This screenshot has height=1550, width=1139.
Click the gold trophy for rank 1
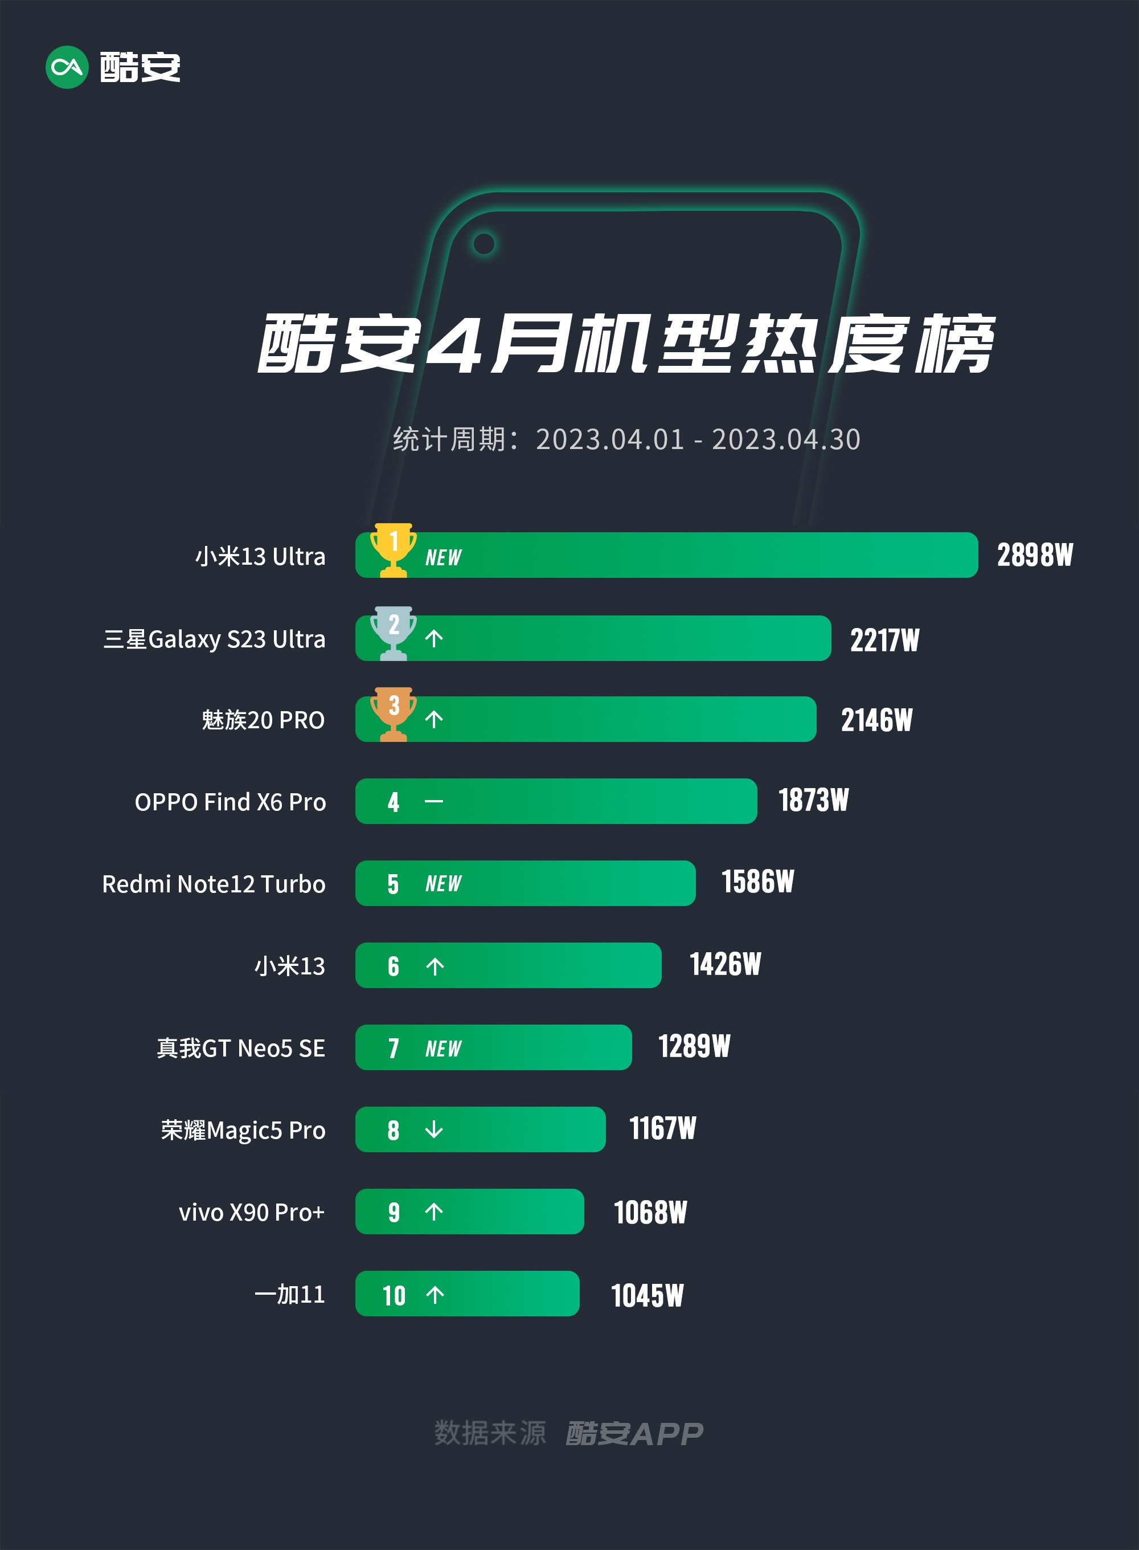[x=393, y=549]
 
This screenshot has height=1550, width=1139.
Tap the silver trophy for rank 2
[x=393, y=633]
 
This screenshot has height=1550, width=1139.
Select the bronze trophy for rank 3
[x=393, y=713]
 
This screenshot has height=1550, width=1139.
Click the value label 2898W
[x=1034, y=555]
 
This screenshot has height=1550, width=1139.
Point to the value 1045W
[x=647, y=1295]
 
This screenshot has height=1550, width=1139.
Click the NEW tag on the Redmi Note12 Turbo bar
[x=443, y=884]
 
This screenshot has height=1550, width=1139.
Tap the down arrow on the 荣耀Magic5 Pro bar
[x=434, y=1129]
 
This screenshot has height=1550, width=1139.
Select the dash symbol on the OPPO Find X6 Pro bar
[x=434, y=801]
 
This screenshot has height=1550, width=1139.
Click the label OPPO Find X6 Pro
[x=230, y=802]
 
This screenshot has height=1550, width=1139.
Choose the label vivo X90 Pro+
[x=251, y=1212]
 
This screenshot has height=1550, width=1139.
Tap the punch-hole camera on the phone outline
[x=484, y=243]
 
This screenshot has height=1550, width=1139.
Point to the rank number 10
[x=394, y=1295]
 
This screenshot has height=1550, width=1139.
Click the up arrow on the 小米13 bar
[x=435, y=966]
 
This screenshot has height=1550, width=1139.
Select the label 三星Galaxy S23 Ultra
[x=214, y=639]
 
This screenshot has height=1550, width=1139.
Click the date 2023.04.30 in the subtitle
[x=786, y=439]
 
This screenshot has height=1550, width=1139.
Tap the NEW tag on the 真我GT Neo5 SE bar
[x=443, y=1049]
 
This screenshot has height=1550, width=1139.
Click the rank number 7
[x=393, y=1049]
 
